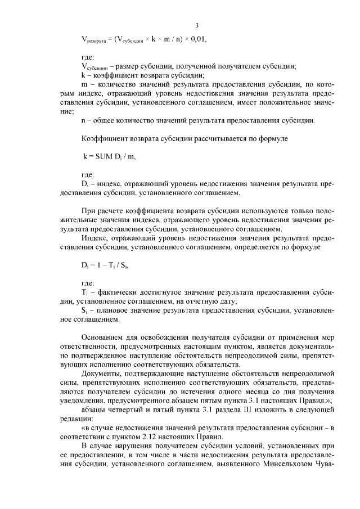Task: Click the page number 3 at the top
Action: click(197, 25)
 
